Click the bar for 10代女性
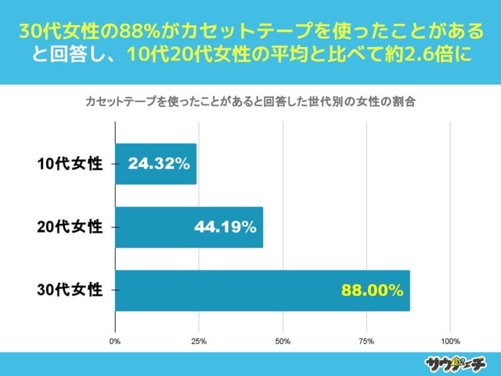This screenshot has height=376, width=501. [155, 164]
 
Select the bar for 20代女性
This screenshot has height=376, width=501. [189, 227]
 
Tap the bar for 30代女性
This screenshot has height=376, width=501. [262, 290]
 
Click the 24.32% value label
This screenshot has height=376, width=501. [159, 164]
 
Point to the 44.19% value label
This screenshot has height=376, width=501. [225, 228]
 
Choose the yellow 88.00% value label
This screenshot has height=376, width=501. [372, 291]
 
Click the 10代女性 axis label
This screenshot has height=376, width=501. [70, 164]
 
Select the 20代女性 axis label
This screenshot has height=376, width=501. [70, 227]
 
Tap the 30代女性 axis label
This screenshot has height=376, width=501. [70, 290]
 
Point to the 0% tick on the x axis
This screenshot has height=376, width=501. [115, 342]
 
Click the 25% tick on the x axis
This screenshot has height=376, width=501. [199, 342]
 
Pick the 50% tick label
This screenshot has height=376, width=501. [283, 342]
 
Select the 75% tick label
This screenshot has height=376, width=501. [366, 342]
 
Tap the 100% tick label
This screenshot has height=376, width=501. [450, 342]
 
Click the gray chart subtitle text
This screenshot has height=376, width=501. [250, 102]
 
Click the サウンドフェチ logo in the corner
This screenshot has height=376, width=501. [456, 363]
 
